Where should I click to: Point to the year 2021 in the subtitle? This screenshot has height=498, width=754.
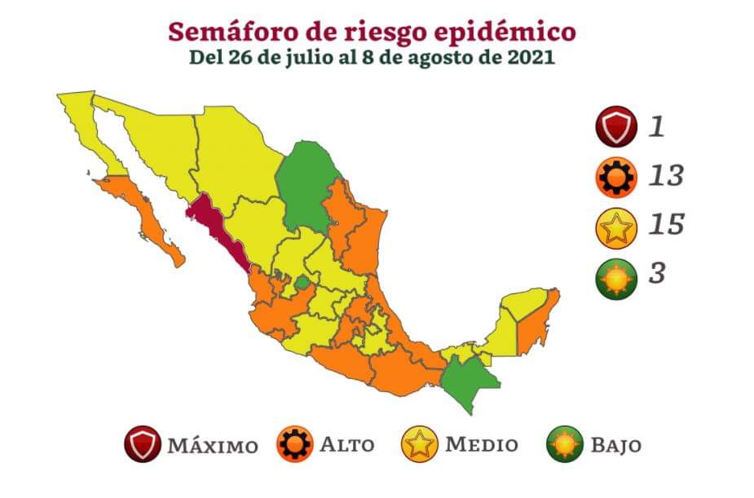tap(534, 59)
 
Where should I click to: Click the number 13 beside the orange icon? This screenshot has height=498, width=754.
tap(665, 175)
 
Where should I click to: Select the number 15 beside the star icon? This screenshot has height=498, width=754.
tap(665, 224)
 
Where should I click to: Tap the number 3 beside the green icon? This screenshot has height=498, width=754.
tap(657, 273)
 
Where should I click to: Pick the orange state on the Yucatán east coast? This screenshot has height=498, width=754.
tap(536, 322)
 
